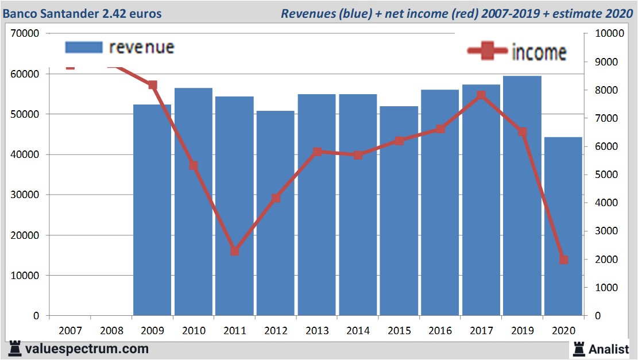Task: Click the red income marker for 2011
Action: (x=234, y=251)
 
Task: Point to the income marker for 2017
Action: (x=481, y=95)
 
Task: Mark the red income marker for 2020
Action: (x=563, y=260)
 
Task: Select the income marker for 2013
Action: (x=317, y=152)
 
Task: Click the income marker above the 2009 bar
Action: (x=153, y=85)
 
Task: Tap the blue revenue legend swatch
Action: (x=84, y=47)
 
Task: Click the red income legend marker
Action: (x=488, y=52)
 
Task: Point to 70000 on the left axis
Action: (x=25, y=34)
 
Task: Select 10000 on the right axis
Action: (x=608, y=34)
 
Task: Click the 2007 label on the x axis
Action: (x=70, y=331)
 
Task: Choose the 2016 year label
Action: (x=440, y=331)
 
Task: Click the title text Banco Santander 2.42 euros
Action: (x=82, y=13)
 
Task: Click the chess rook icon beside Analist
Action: (x=578, y=348)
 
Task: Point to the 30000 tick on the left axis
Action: (x=25, y=195)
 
